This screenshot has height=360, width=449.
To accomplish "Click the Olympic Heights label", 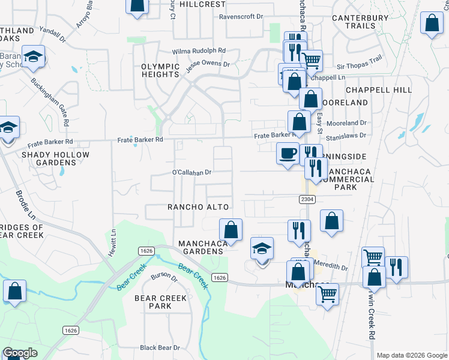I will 160,70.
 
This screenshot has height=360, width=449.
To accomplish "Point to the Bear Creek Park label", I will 152,302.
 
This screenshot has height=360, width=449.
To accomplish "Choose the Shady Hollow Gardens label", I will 55,158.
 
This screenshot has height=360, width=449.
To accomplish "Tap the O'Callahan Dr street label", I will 193,172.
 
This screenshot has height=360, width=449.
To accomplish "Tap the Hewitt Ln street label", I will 112,244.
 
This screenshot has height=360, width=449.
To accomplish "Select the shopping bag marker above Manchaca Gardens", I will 230,229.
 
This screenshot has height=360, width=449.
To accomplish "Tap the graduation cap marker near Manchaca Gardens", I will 262,248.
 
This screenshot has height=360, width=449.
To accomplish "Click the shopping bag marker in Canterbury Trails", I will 432,23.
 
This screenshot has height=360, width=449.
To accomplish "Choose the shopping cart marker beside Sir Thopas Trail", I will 310,60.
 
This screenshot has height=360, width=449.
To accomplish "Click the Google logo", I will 20,353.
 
